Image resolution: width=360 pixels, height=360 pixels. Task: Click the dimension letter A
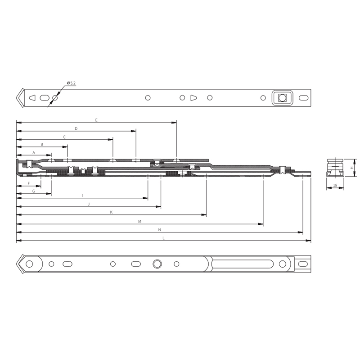click(x=33, y=153)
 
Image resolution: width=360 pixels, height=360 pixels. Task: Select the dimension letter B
click(x=42, y=145)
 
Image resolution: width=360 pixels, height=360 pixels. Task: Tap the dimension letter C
click(x=64, y=137)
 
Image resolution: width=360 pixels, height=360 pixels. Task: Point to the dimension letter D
click(x=76, y=128)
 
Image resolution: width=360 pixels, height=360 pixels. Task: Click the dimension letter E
click(x=96, y=120)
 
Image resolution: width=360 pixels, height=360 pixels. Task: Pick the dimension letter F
click(x=28, y=184)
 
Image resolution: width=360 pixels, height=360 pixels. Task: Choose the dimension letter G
click(x=33, y=191)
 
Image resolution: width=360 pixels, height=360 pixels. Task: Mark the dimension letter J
click(x=89, y=204)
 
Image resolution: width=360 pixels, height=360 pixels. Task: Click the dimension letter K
click(x=111, y=212)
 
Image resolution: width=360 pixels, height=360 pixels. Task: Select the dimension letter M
click(x=140, y=221)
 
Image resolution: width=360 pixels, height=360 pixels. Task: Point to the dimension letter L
click(x=163, y=238)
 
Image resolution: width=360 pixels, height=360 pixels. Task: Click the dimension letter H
click(x=352, y=168)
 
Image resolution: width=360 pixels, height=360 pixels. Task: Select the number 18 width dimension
click(x=336, y=185)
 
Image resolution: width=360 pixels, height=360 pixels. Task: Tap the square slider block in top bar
click(x=282, y=97)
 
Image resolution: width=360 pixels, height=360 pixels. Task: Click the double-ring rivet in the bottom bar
click(x=157, y=263)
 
